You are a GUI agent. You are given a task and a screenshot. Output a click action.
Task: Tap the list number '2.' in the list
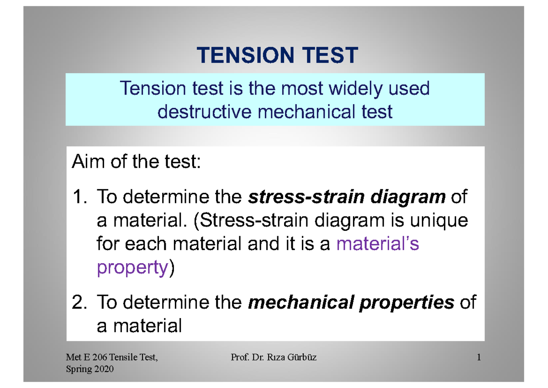tap(80, 303)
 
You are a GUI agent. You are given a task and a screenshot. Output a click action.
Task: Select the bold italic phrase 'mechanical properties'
tap(351, 303)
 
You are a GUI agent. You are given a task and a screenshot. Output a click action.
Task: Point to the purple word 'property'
tap(132, 268)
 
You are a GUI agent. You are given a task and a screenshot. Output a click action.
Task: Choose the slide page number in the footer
tap(479, 358)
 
